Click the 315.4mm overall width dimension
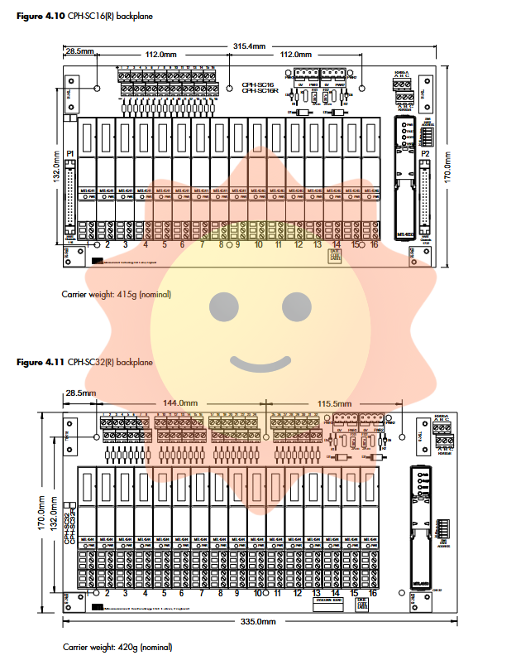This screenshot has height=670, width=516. pyautogui.click(x=249, y=46)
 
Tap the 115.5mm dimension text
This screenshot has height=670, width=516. pyautogui.click(x=336, y=404)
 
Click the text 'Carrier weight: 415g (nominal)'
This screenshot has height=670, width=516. pyautogui.click(x=116, y=294)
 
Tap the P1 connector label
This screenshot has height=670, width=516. pyautogui.click(x=71, y=155)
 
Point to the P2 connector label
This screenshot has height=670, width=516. pyautogui.click(x=425, y=155)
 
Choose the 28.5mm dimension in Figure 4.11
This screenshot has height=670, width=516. pyautogui.click(x=80, y=393)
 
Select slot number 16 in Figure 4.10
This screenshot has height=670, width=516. pyautogui.click(x=375, y=245)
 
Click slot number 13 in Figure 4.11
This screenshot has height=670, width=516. pyautogui.click(x=317, y=593)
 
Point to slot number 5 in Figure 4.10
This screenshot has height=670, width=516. pyautogui.click(x=164, y=245)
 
